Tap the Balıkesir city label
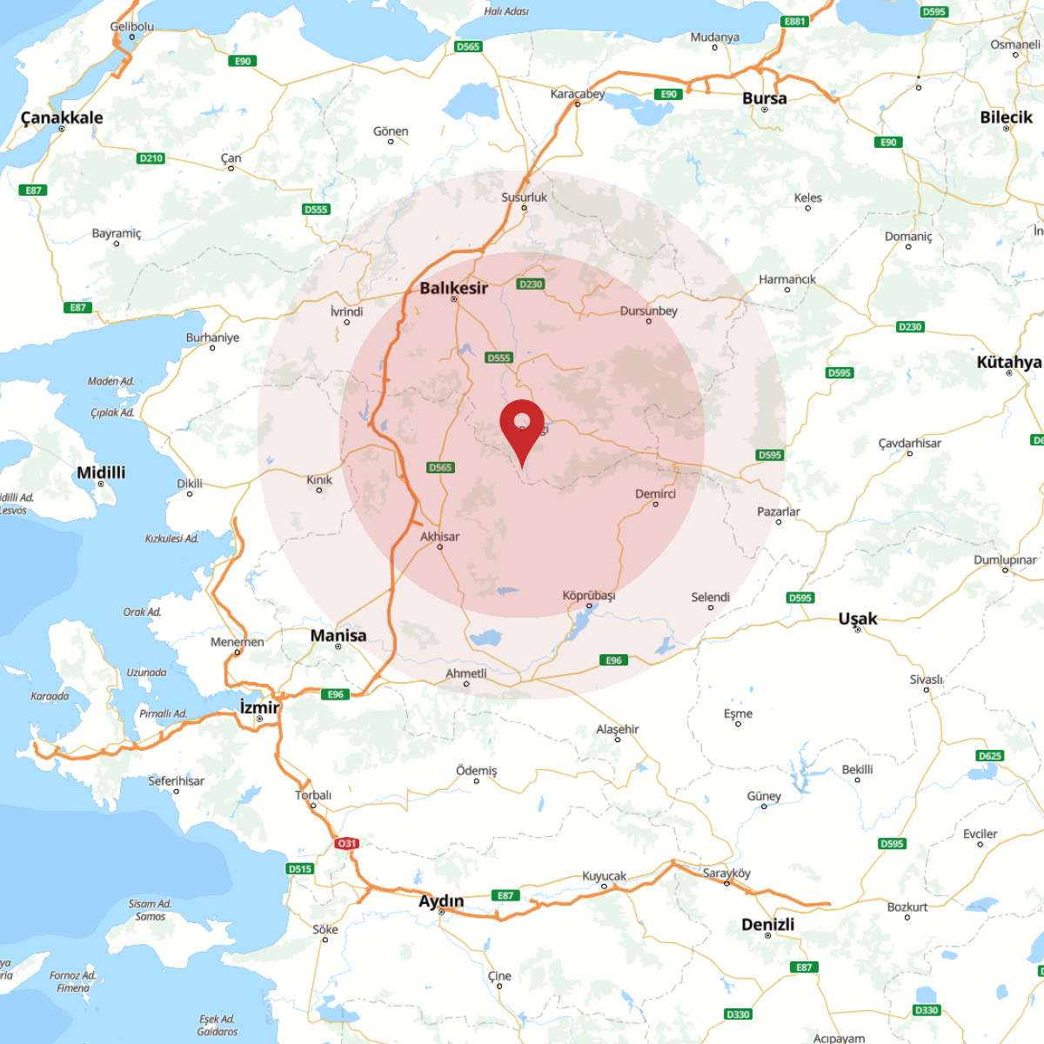(453, 288)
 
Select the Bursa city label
(764, 98)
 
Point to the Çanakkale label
(62, 117)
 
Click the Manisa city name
(338, 635)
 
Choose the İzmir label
(259, 707)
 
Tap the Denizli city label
(767, 924)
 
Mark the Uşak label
(857, 619)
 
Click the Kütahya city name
(1008, 362)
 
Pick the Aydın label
(441, 900)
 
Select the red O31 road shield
(347, 843)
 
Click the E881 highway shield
(794, 22)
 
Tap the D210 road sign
(151, 158)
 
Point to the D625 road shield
(990, 755)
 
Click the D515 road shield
(299, 868)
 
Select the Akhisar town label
(439, 537)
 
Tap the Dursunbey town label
(648, 311)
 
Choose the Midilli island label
(101, 472)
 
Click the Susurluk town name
(524, 197)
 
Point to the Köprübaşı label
(588, 596)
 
